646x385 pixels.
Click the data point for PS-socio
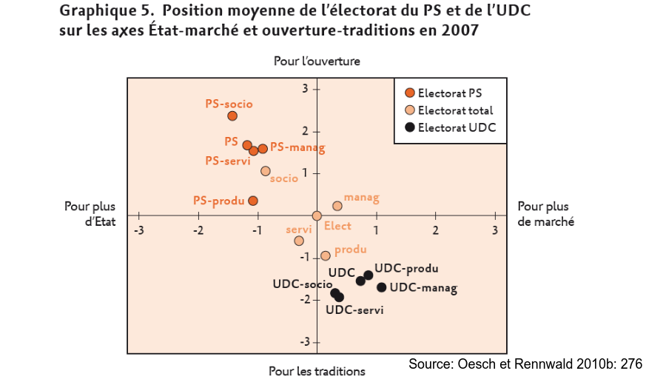[x=232, y=115]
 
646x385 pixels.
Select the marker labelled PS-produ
[x=252, y=201]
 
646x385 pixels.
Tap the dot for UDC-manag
[x=382, y=287]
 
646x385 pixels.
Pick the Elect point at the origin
[x=317, y=215]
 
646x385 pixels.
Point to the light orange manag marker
[x=337, y=206]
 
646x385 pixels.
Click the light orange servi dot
[x=299, y=241]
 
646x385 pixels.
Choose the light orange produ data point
[x=326, y=255]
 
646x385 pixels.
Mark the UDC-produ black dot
[x=369, y=275]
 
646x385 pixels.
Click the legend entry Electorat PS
[x=450, y=93]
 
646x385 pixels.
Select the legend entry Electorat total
[x=454, y=110]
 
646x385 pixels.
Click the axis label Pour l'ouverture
[x=317, y=61]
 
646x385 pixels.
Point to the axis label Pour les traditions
[x=317, y=371]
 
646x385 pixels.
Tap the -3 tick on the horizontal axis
[x=138, y=230]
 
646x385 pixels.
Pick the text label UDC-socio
[x=302, y=284]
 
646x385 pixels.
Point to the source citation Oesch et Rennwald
[x=525, y=364]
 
